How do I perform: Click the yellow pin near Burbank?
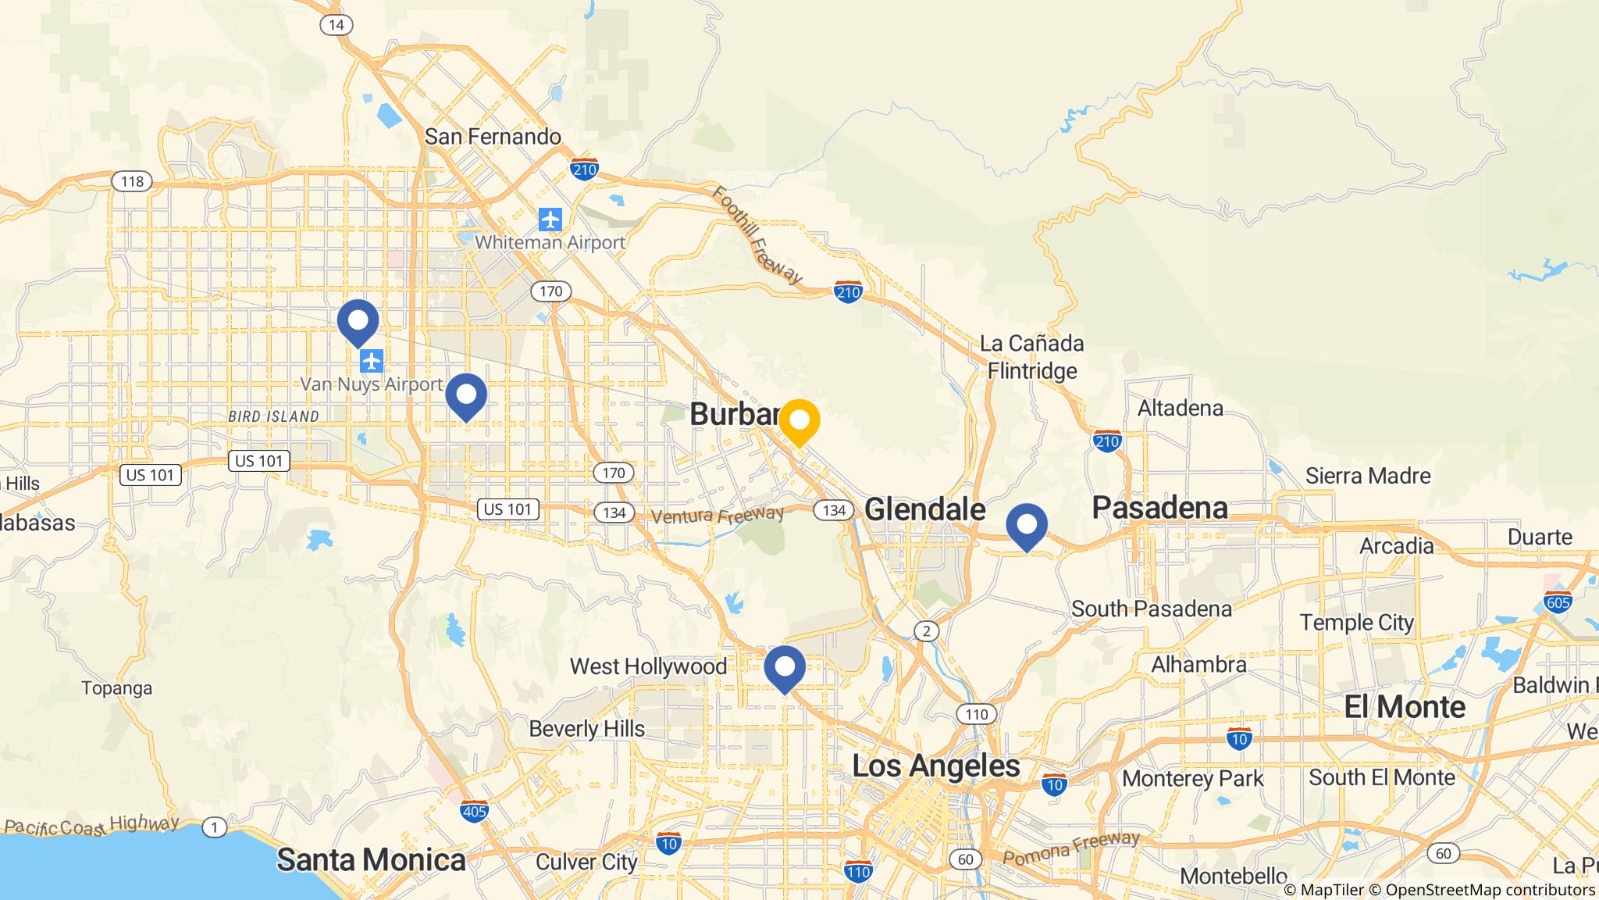pos(799,420)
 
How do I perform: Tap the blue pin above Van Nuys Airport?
pos(358,320)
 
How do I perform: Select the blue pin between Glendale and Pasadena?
pos(1026,524)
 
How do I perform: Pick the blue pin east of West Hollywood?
pos(784,666)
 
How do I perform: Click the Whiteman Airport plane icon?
pos(550,220)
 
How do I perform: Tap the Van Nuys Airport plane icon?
pos(372,361)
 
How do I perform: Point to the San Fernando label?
pos(493,137)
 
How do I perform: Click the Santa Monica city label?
pos(371,860)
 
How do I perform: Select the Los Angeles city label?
pos(935,766)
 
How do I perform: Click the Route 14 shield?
pos(336,25)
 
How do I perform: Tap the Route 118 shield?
pos(132,182)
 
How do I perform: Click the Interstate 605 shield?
pos(1557,602)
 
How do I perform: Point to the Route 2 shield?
pos(926,631)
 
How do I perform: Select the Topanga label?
pos(117,688)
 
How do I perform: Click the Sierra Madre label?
pos(1368,476)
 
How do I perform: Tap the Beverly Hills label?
pos(586,729)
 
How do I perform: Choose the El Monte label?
pos(1404,707)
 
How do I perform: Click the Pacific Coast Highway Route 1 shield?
pos(214,827)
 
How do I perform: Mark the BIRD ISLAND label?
pos(273,416)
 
